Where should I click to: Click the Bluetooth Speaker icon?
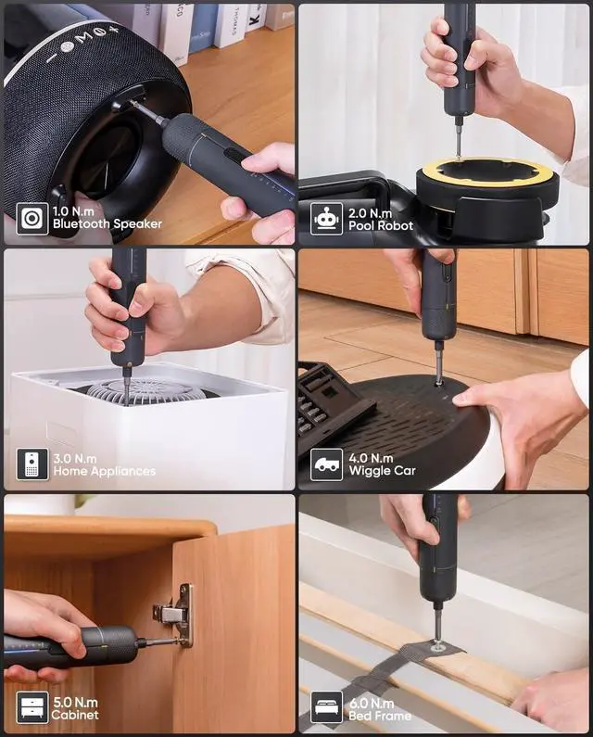32,219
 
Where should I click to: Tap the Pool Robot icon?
326,219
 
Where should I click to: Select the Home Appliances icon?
32,464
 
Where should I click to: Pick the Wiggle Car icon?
326,464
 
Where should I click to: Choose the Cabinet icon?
32,708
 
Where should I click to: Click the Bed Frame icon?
326,708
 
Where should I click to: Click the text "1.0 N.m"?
75,211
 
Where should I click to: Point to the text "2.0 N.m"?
370,211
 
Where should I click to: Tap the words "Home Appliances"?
104,471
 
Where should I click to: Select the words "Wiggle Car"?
382,471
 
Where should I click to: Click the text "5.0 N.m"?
75,702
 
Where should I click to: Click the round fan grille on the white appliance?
148,390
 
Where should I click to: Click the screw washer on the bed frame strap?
438,645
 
